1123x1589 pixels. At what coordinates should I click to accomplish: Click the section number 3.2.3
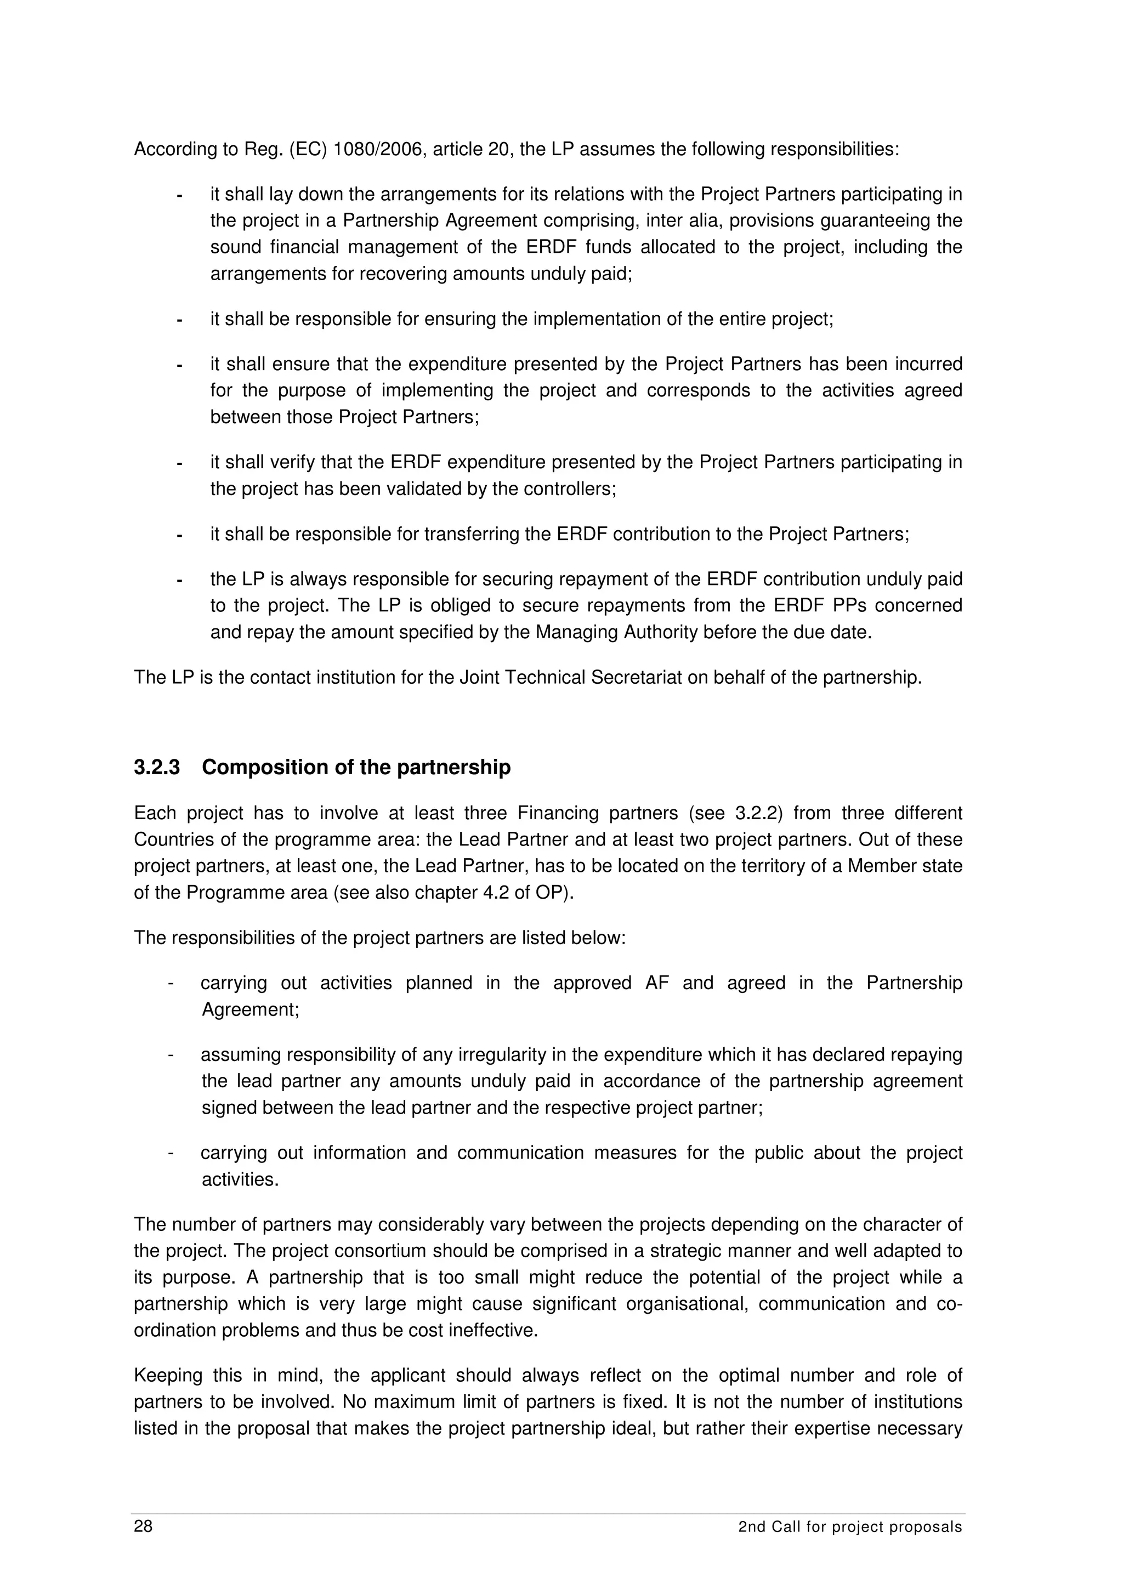pyautogui.click(x=157, y=767)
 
